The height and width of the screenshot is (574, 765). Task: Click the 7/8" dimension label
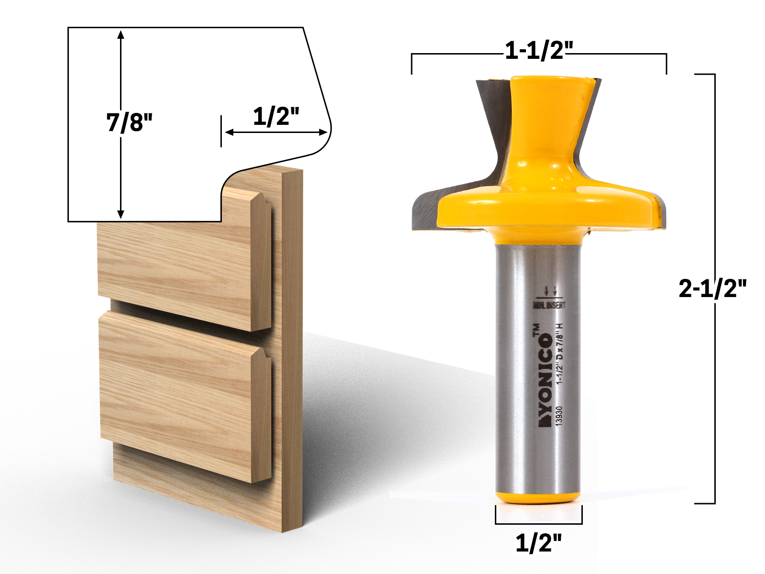point(129,122)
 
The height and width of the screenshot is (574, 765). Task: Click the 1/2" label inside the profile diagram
point(276,116)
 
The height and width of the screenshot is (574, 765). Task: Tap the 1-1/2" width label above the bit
point(539,50)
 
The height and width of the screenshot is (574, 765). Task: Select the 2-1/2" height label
point(712,288)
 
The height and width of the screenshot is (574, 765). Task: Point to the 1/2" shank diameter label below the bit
point(538,543)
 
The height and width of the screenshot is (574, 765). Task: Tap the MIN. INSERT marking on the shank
point(549,305)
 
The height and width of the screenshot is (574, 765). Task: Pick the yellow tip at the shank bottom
point(538,497)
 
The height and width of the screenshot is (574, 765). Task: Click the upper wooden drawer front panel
point(177,268)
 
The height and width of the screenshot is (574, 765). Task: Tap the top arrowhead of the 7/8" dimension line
point(121,33)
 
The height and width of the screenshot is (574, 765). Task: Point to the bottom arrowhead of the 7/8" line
point(121,215)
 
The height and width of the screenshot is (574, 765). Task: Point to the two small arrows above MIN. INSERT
point(550,290)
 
